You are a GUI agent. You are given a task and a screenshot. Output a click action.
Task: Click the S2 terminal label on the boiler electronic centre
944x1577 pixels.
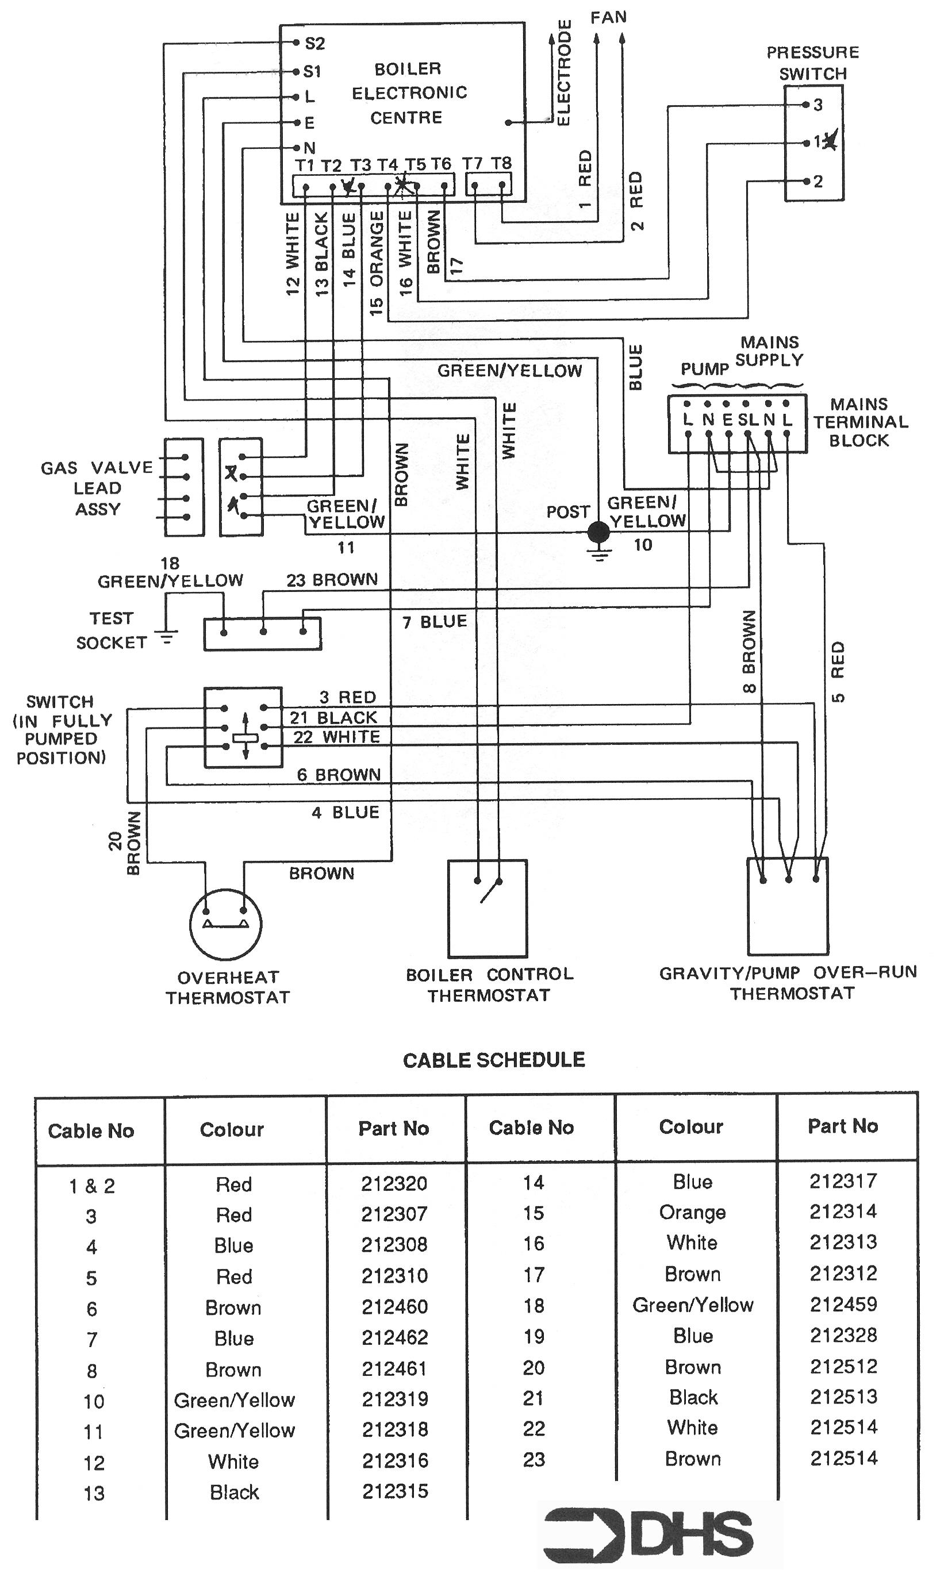315,43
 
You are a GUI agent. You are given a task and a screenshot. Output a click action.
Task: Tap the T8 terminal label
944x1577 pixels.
501,163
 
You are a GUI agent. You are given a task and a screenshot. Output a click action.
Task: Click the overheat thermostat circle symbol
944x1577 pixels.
226,924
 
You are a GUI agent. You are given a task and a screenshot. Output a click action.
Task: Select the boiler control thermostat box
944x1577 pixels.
488,909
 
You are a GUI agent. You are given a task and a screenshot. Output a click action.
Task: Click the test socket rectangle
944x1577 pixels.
263,634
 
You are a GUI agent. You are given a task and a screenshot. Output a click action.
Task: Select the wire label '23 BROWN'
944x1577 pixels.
332,580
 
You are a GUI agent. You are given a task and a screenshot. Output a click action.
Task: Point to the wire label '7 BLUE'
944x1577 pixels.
435,622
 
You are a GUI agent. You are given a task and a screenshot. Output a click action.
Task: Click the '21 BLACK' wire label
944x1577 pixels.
334,718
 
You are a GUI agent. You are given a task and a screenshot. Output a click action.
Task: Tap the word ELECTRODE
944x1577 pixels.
563,73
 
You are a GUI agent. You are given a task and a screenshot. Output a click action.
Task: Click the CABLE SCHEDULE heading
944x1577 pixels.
494,1060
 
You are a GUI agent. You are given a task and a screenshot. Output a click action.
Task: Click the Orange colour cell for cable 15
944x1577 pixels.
693,1213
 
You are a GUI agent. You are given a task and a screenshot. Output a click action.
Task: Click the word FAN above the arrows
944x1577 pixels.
609,17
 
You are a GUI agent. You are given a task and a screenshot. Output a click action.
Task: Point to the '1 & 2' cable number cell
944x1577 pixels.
92,1186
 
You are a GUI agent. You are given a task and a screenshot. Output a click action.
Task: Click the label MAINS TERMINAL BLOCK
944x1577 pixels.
861,422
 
